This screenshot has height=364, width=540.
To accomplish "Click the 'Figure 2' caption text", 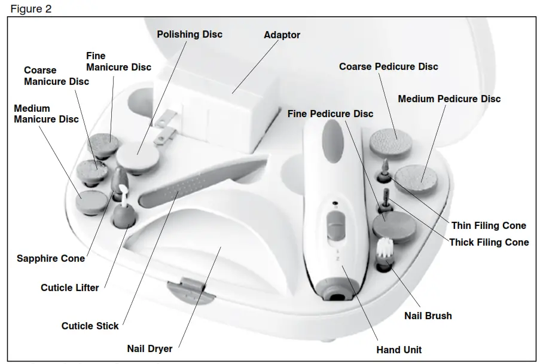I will [30, 9].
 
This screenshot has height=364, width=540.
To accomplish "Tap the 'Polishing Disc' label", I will [190, 34].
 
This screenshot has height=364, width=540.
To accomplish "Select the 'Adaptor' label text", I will [282, 35].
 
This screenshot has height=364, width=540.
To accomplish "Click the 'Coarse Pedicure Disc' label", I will [388, 66].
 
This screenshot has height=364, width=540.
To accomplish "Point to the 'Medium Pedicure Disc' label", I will [449, 98].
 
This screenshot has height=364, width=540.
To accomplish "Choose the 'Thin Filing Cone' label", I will [489, 225].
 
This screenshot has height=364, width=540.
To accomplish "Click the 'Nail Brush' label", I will [428, 315].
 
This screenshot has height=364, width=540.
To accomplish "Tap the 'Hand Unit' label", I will [399, 350].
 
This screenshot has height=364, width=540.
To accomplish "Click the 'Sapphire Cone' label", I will [51, 258].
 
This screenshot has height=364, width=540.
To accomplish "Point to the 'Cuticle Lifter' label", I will [70, 287].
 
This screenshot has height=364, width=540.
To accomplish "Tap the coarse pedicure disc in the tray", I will [389, 142].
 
